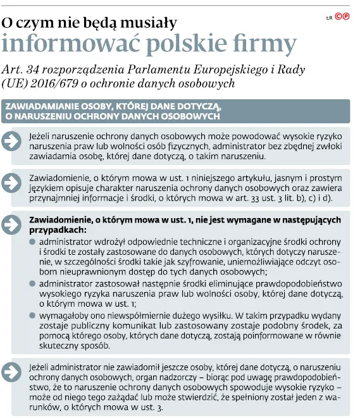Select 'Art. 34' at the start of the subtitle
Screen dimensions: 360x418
click(x=20, y=68)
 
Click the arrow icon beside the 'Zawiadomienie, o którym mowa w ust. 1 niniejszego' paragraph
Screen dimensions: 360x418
click(x=13, y=183)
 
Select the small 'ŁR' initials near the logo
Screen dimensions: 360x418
click(x=328, y=18)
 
